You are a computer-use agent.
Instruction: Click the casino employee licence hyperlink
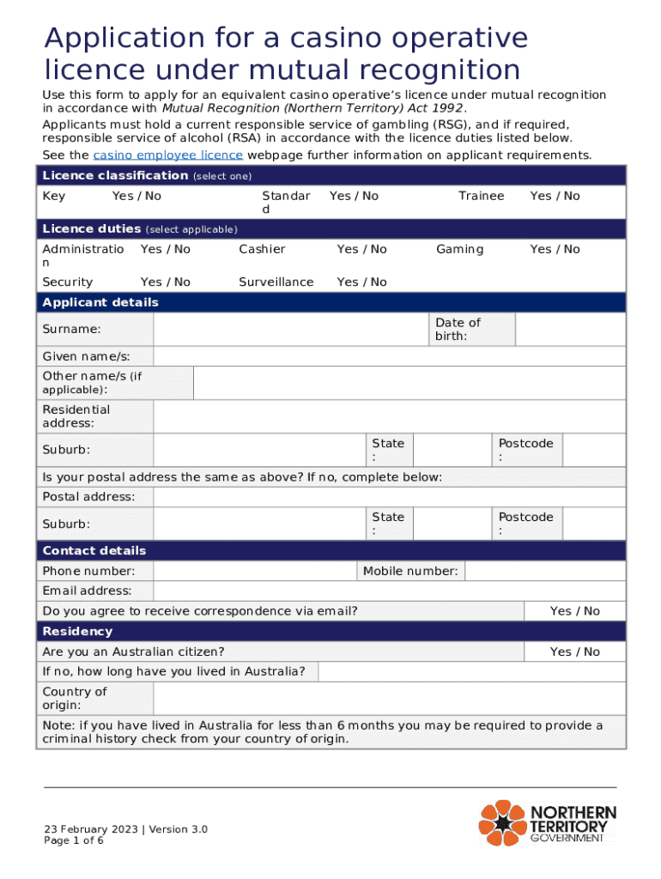pos(168,155)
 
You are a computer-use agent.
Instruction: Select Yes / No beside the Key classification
pos(136,196)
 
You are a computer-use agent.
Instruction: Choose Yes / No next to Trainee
pos(555,196)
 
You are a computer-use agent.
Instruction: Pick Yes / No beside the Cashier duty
pos(361,249)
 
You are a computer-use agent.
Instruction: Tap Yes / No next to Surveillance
pos(361,282)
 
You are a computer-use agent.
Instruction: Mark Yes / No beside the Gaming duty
pos(555,249)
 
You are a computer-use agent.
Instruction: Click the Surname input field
pos(291,330)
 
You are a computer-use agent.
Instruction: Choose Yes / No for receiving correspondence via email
pos(574,611)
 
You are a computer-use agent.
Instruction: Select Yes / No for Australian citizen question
pos(574,652)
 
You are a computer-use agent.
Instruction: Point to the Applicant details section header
pos(100,302)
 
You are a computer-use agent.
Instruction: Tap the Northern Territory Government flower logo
pos(502,822)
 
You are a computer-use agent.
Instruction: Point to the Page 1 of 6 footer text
pos(75,840)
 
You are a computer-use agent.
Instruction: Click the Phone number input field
pos(255,571)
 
